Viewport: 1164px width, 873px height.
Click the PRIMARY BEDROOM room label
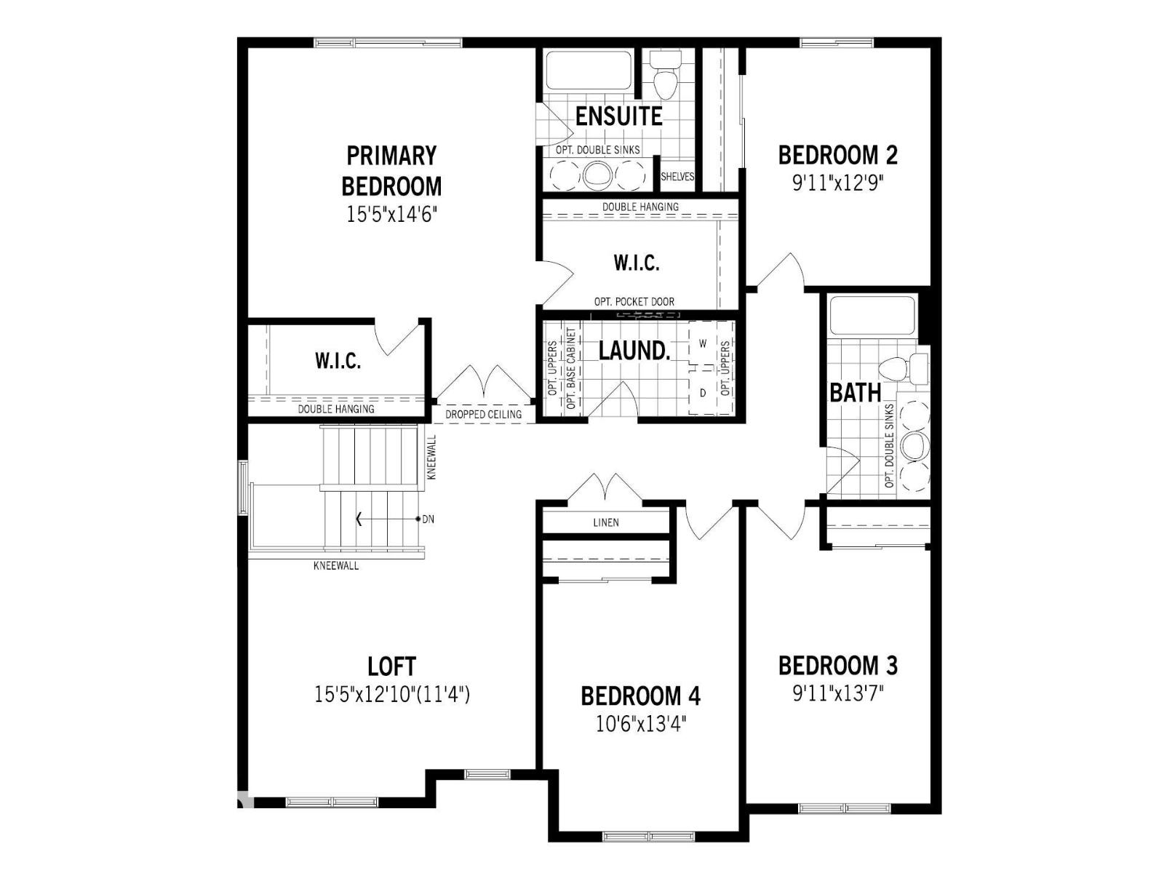391,171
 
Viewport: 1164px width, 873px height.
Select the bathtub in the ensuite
589,71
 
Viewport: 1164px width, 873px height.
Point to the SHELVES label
677,177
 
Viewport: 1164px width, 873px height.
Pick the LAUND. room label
634,351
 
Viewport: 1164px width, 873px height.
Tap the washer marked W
703,343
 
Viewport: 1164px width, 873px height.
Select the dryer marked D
703,393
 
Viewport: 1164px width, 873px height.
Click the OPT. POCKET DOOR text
634,302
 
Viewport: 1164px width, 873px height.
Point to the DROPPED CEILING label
483,415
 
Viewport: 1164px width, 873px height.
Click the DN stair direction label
428,519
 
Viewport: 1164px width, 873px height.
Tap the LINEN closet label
606,522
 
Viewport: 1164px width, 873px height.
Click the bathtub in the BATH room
872,315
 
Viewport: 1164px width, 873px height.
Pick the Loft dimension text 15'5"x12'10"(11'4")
391,695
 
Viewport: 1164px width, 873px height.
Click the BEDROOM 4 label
640,696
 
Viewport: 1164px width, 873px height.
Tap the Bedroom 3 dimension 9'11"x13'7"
837,693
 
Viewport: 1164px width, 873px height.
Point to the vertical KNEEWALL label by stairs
431,457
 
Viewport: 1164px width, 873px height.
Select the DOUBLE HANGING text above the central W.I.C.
640,207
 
